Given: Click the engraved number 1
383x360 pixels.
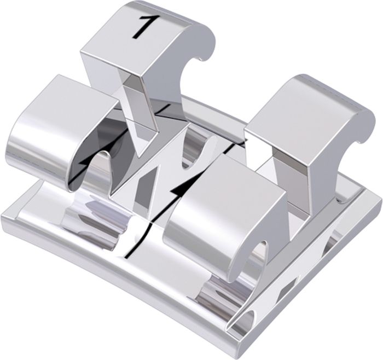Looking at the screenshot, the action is point(143,27).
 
